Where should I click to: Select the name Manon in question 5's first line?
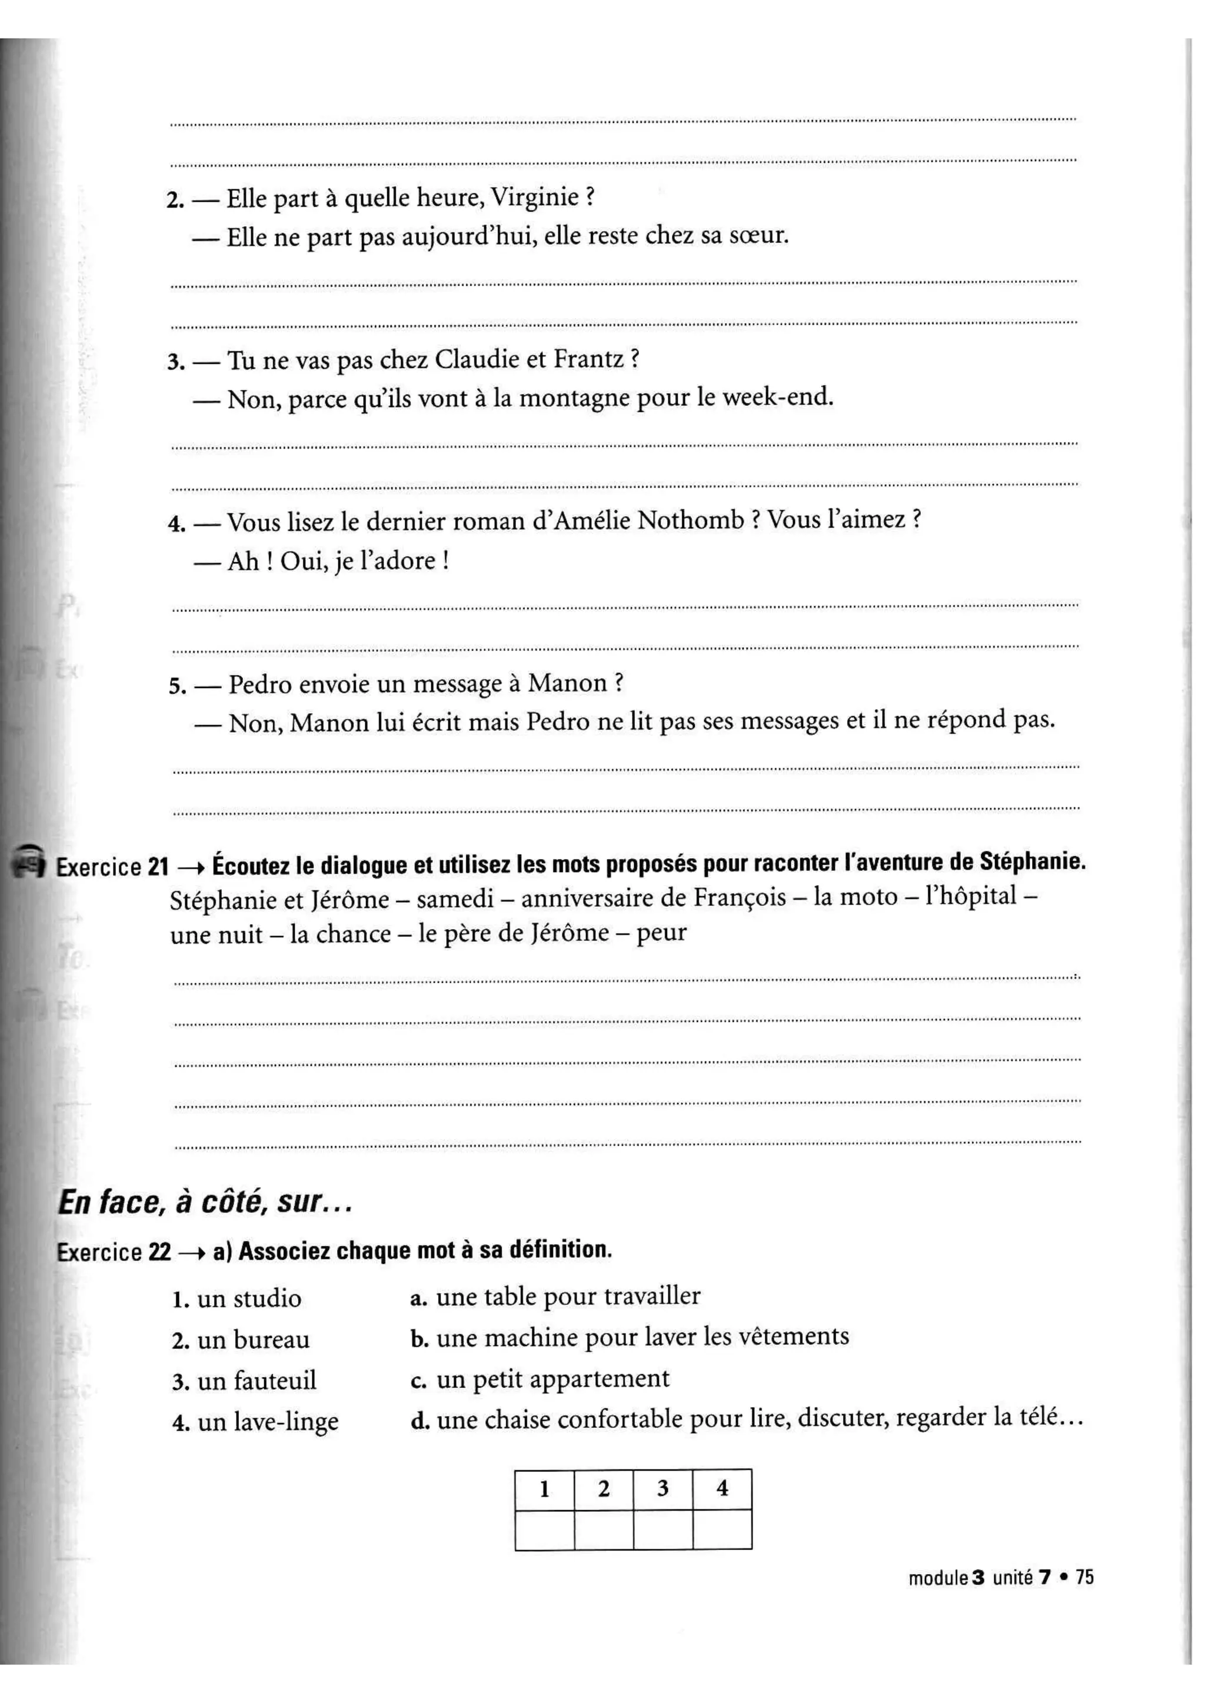coord(567,683)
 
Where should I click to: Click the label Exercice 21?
coord(113,866)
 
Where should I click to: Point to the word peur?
coord(661,932)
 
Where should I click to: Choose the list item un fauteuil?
coord(245,1380)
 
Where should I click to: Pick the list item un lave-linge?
coord(256,1421)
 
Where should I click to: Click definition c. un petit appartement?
coord(540,1379)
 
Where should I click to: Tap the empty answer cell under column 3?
coord(662,1530)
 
